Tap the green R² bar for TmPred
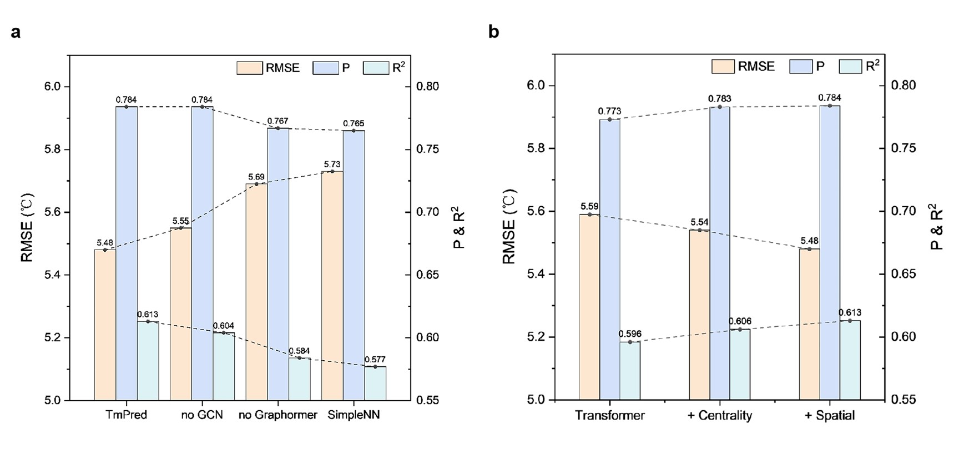coord(148,361)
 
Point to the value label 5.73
coord(332,165)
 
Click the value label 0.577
coord(375,360)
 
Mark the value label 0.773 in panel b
coord(609,111)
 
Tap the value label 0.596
coord(630,334)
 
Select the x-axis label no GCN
coord(202,415)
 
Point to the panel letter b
coord(493,32)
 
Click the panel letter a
coord(16,32)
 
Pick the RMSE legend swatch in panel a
coord(249,68)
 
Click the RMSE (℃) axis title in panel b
coord(509,227)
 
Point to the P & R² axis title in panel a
coord(458,228)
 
